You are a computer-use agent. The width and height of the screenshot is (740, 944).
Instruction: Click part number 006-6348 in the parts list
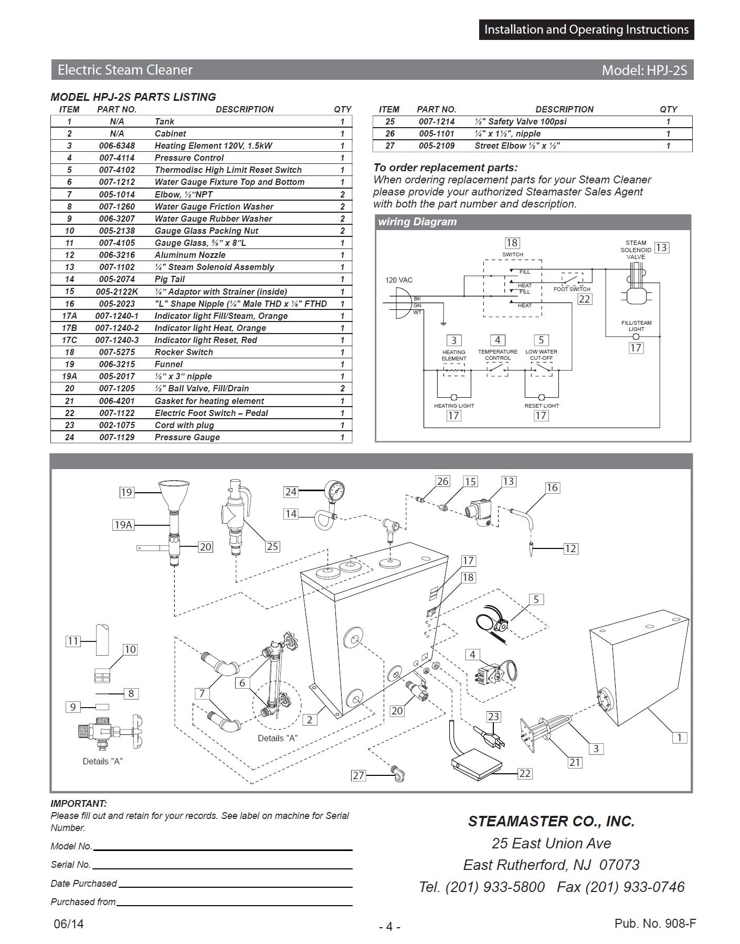click(117, 146)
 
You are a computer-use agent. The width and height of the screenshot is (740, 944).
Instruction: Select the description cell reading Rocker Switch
click(184, 352)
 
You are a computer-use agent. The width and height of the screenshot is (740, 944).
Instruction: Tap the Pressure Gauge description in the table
click(187, 437)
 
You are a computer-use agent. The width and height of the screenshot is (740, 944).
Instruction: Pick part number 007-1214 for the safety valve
click(437, 121)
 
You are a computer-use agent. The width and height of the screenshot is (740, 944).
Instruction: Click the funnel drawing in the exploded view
click(173, 494)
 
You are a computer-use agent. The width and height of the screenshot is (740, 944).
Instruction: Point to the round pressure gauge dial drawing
click(334, 491)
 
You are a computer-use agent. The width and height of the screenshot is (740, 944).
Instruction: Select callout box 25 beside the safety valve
click(272, 546)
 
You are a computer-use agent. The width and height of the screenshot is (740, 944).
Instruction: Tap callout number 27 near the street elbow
click(358, 775)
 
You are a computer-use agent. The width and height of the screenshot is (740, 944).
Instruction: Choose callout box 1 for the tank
click(680, 738)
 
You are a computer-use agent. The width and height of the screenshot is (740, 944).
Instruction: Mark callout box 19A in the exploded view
click(123, 524)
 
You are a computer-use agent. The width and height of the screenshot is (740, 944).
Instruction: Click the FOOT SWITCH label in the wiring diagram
click(572, 289)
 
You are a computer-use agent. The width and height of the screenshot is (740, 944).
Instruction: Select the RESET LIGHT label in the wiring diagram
click(542, 406)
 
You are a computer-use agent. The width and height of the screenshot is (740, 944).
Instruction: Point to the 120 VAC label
click(399, 280)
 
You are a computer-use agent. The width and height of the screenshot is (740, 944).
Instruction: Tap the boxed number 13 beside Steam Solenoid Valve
click(662, 247)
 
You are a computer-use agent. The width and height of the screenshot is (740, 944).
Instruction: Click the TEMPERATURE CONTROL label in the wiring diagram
click(498, 355)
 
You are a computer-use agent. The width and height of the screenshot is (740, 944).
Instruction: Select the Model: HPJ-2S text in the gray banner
click(644, 70)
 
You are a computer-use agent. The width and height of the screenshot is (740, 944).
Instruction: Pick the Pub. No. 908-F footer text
click(655, 924)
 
